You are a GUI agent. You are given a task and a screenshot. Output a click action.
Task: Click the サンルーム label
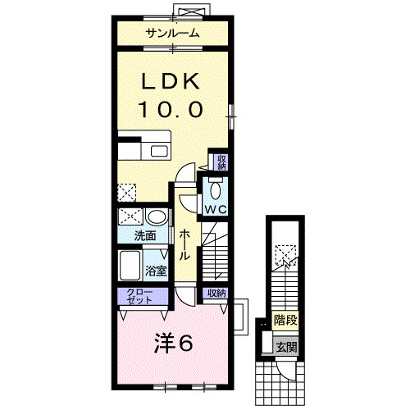pos(172,34)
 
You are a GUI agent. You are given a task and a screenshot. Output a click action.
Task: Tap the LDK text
pos(170,81)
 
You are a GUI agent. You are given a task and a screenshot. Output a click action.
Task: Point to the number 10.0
pos(171,109)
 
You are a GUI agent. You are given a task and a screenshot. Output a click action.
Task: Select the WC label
pos(216,210)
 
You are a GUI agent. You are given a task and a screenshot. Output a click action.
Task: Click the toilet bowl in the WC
pos(216,190)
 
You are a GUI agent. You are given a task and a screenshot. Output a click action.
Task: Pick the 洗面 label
pos(145,236)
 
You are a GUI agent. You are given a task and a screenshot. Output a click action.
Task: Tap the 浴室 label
pos(156,271)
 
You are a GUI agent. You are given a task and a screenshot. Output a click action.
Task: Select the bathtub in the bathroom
pos(130,266)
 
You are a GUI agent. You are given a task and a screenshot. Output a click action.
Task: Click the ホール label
pos(184,244)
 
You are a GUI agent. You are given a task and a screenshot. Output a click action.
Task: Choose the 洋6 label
pos(174,344)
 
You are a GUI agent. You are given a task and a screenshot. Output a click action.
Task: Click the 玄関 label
pos(286,348)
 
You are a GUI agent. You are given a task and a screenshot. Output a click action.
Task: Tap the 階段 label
pos(285,320)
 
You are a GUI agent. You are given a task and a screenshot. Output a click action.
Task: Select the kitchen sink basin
pos(158,151)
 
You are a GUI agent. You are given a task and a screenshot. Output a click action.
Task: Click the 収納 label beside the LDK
pos(221,162)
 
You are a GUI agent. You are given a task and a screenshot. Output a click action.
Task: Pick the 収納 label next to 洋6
pos(216,293)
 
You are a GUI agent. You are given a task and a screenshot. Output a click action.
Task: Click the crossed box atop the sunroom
pos(192,11)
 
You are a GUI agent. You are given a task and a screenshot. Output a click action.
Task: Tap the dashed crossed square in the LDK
pos(127,193)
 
